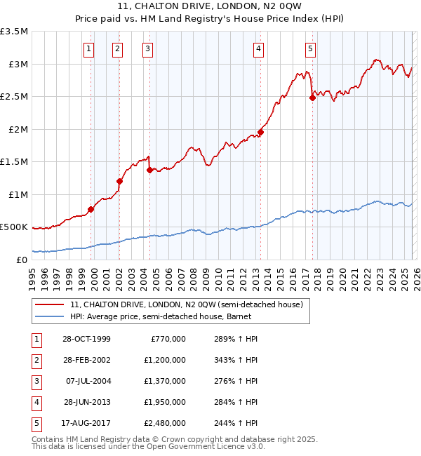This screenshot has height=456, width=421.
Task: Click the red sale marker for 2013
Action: click(260, 132)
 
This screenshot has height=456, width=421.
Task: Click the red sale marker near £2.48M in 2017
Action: click(312, 98)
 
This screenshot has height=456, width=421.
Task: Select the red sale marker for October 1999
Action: click(91, 208)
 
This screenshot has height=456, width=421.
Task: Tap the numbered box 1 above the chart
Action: click(89, 48)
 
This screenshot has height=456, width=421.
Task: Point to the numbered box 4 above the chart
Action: click(259, 48)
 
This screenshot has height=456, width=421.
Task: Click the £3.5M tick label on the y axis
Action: click(14, 32)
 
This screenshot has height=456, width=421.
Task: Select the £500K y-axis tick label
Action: click(14, 227)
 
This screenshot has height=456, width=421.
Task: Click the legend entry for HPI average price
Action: click(155, 316)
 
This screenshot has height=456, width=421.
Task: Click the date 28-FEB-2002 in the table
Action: click(86, 360)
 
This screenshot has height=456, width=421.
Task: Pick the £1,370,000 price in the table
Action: click(168, 381)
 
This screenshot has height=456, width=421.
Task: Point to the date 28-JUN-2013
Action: click(86, 402)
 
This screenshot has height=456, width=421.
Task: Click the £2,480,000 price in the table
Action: click(168, 423)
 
